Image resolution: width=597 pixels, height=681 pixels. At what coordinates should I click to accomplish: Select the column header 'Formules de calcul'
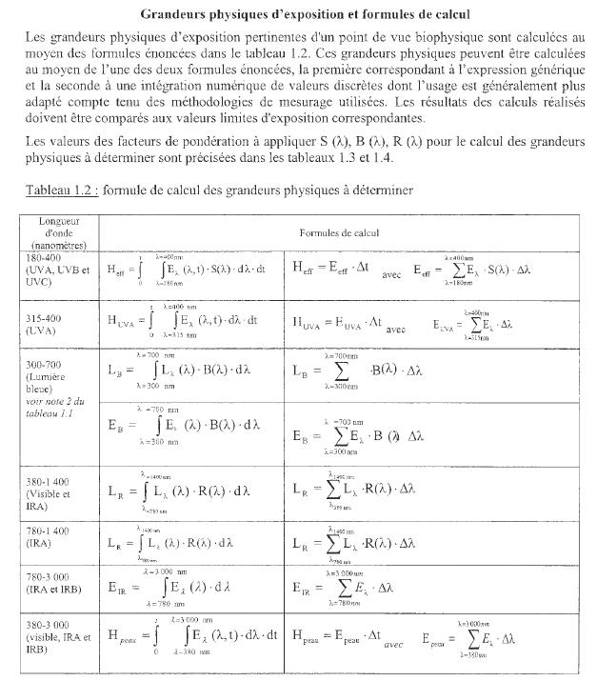click(x=340, y=232)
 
